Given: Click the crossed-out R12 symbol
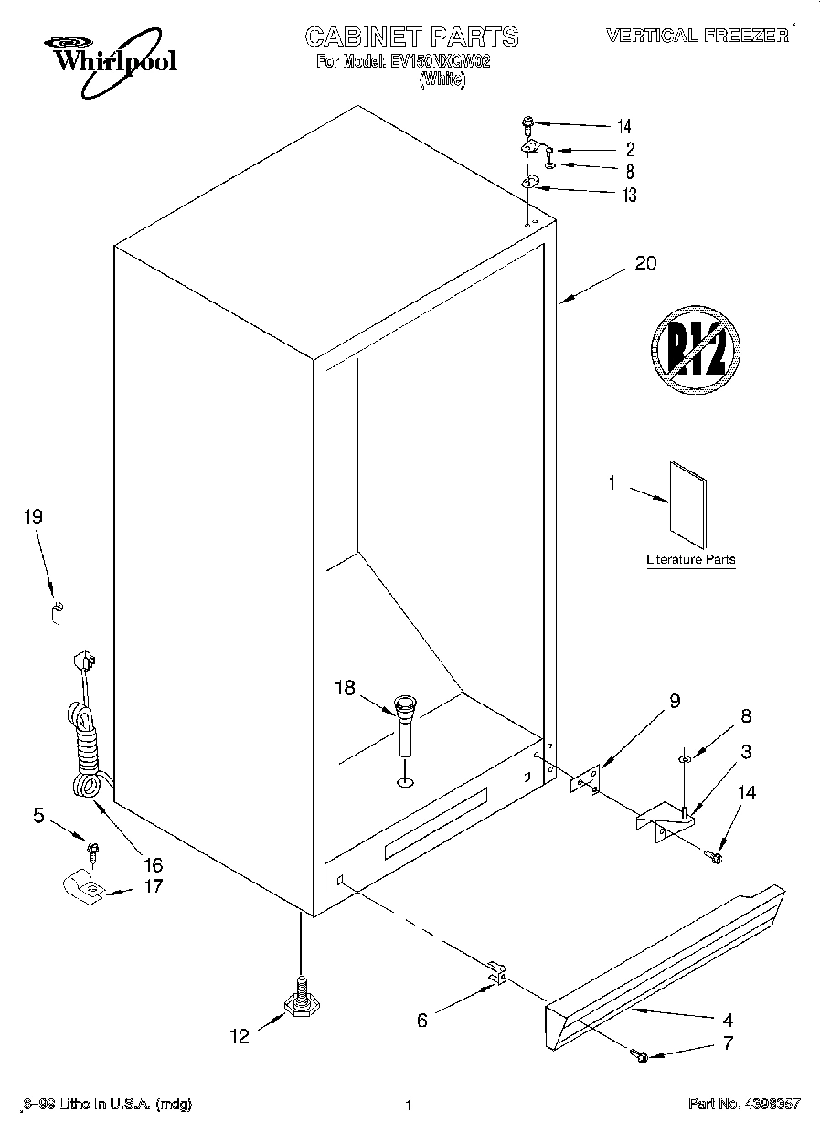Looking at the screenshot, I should coord(695,350).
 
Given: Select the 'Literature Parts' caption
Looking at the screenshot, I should coord(690,559).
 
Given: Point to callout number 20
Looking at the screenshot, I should coord(645,264).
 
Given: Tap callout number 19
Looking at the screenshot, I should coord(33,517).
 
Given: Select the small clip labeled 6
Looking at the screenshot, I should coord(495,974).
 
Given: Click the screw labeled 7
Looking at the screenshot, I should coord(639,1057).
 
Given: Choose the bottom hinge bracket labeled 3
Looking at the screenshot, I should coord(666,816).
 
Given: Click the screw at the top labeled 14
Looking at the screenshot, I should coord(529,122).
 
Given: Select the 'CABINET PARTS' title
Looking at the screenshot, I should coord(411,37).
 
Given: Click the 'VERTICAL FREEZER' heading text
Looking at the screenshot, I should coord(697,36).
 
